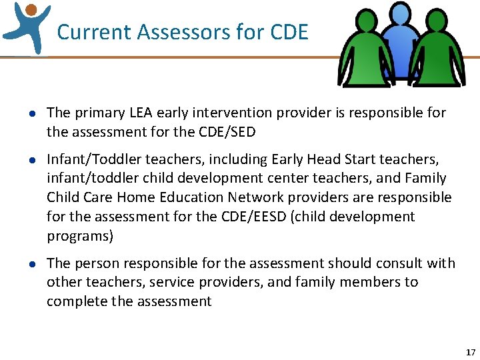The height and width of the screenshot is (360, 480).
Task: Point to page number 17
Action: pyautogui.click(x=471, y=352)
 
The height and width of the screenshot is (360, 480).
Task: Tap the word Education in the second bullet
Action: pyautogui.click(x=190, y=198)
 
